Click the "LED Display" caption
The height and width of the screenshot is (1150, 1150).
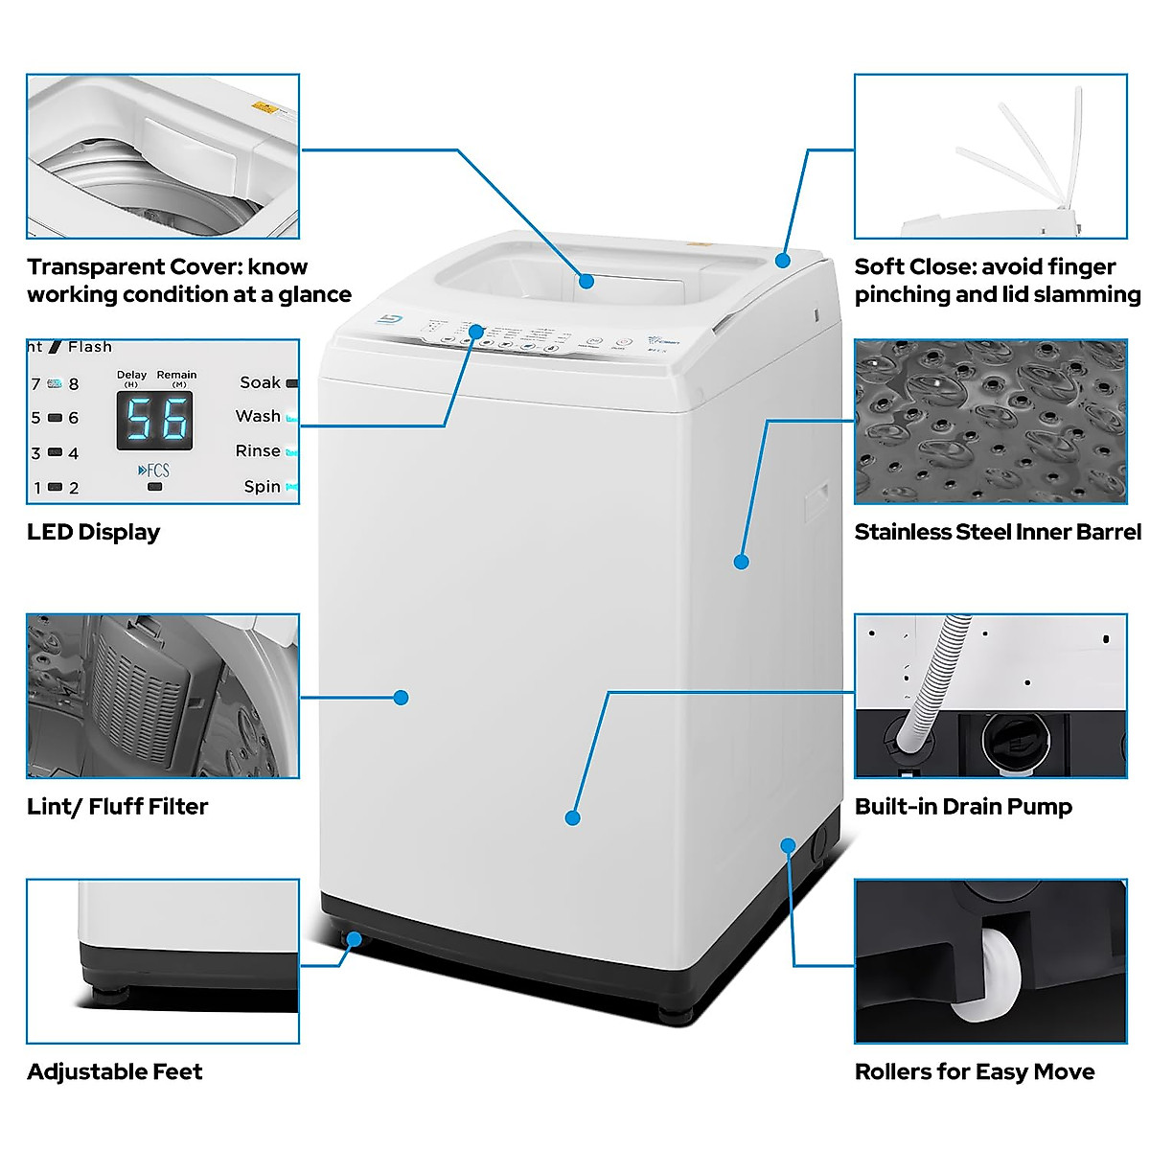[93, 532]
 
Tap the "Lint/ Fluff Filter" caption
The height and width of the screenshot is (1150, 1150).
[117, 807]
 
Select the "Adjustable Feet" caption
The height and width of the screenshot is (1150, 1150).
[114, 1071]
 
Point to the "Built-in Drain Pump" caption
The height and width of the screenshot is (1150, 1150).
[962, 807]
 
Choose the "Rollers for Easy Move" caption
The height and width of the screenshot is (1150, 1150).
[974, 1071]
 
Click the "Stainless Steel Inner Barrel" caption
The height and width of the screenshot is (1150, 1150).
[997, 532]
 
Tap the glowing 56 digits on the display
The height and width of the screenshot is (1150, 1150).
[155, 419]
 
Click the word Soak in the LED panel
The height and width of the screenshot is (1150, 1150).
[260, 382]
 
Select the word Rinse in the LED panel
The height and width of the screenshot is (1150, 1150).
[258, 451]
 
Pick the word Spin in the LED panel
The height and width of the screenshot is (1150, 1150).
[262, 487]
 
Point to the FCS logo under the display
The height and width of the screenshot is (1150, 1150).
[153, 471]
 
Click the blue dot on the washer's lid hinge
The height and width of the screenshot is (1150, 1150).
[783, 260]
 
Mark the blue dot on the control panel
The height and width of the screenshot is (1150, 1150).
[476, 331]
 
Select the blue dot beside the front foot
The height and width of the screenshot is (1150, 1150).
[355, 939]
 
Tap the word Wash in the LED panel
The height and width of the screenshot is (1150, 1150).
[258, 417]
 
